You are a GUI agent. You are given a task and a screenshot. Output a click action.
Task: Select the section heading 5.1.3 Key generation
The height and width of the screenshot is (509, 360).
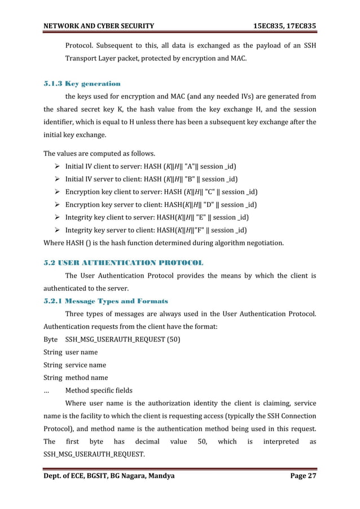point(82,84)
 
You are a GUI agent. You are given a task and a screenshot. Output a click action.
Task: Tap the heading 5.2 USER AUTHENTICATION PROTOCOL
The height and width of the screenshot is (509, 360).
point(124,263)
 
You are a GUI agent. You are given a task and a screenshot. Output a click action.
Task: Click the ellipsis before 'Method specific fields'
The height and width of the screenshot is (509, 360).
point(48,390)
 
